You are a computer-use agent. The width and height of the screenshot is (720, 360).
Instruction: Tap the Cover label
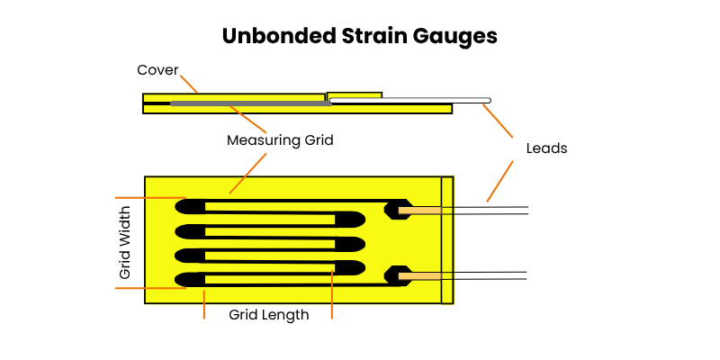tap(157, 70)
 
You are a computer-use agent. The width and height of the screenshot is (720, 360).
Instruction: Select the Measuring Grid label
tap(280, 140)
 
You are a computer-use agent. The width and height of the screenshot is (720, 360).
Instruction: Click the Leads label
tap(546, 148)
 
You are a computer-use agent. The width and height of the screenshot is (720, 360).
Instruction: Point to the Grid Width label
tap(125, 242)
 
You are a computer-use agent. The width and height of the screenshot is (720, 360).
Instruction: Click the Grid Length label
tap(268, 315)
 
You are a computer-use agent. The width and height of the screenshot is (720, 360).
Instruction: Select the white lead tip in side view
tap(486, 100)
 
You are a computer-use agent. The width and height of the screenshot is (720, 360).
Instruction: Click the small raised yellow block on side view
tap(354, 94)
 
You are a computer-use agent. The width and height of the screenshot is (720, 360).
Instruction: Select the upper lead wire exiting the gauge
tap(486, 210)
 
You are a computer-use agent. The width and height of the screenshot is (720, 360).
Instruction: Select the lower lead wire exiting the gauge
tap(486, 274)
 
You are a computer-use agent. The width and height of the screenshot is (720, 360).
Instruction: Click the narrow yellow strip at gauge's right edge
tap(446, 239)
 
